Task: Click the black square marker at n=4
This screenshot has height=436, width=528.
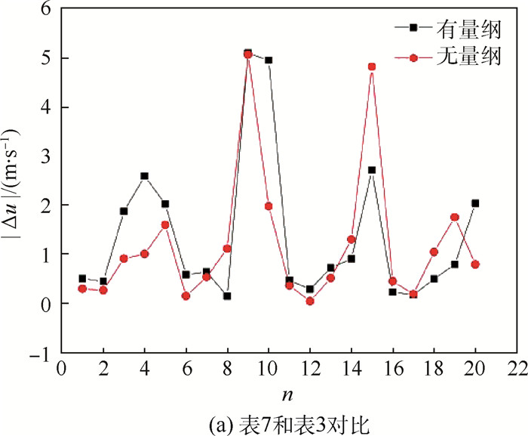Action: point(144,176)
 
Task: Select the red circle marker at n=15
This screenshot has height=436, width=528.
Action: point(372,66)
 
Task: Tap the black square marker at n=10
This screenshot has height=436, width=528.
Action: point(269,60)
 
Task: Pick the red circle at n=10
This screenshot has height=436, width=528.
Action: point(269,206)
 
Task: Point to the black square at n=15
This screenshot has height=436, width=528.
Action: point(372,170)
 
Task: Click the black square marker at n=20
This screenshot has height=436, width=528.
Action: point(475,203)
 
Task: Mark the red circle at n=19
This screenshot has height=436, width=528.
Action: point(455,218)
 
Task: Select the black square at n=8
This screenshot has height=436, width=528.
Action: point(227,296)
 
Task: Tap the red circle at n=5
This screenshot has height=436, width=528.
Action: point(165,224)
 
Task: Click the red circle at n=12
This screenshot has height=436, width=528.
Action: point(310,301)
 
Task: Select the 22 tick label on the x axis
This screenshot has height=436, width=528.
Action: point(516,370)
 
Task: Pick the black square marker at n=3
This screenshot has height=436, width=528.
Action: point(124,212)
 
